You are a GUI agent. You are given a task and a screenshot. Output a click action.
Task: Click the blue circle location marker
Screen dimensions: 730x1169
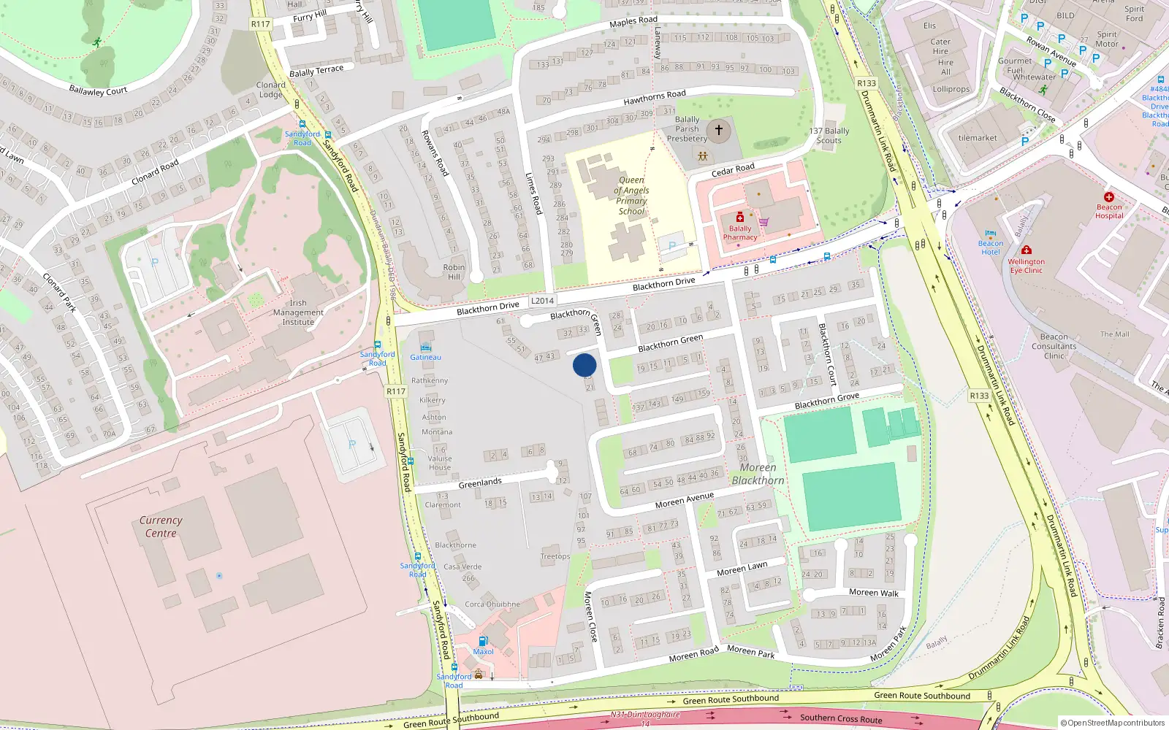pyautogui.click(x=584, y=365)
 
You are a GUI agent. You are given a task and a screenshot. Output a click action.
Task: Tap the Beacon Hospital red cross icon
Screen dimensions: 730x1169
pyautogui.click(x=1109, y=197)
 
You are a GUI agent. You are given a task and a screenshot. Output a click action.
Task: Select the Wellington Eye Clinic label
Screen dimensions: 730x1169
pyautogui.click(x=1027, y=266)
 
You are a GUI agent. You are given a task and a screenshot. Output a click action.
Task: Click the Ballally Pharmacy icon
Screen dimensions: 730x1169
pyautogui.click(x=740, y=218)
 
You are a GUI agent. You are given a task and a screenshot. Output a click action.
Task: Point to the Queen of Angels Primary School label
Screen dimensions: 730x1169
pyautogui.click(x=632, y=196)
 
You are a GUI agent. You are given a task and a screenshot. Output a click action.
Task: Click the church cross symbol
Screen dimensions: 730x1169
pyautogui.click(x=719, y=131)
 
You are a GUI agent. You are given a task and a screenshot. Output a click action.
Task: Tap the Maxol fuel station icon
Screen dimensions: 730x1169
pyautogui.click(x=483, y=641)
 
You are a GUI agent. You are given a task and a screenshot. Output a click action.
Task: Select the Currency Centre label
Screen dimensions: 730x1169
pyautogui.click(x=161, y=526)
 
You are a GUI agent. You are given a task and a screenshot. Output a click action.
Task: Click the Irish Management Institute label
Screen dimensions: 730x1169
pyautogui.click(x=298, y=312)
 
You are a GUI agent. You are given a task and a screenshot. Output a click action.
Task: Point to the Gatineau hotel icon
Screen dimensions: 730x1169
pyautogui.click(x=426, y=347)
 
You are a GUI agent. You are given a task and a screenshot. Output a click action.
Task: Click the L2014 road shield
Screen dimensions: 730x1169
pyautogui.click(x=542, y=301)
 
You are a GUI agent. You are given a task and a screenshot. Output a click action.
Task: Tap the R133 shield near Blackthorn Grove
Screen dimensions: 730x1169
pyautogui.click(x=979, y=396)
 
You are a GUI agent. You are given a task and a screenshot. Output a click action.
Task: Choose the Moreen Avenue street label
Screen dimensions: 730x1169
pyautogui.click(x=684, y=500)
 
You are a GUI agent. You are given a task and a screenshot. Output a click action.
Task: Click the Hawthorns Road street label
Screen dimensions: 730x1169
pyautogui.click(x=655, y=97)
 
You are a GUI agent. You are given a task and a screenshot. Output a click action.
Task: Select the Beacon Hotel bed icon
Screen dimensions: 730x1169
pyautogui.click(x=991, y=234)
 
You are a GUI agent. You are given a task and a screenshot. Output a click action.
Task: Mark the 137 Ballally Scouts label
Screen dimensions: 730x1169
pyautogui.click(x=829, y=136)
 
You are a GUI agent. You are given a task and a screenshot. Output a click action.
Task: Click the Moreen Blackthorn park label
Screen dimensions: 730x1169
pyautogui.click(x=758, y=474)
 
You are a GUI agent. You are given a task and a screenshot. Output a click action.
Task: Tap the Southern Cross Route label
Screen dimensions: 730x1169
pyautogui.click(x=840, y=718)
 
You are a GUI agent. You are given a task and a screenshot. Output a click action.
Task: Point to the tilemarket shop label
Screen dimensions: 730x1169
pyautogui.click(x=978, y=138)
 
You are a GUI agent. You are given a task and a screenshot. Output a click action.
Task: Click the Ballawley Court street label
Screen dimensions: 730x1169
pyautogui.click(x=98, y=91)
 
